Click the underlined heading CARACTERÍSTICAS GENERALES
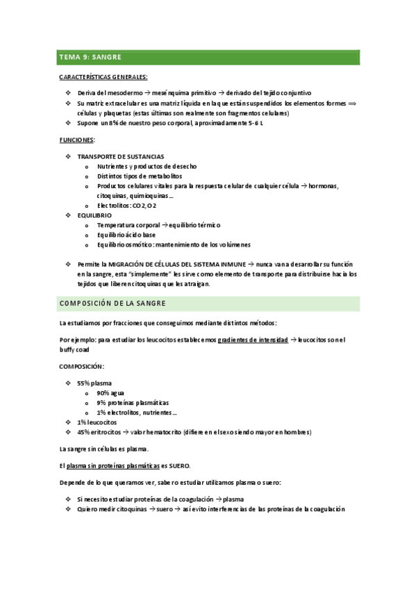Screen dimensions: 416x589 pyautogui.click(x=103, y=77)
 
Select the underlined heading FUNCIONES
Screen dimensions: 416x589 pyautogui.click(x=76, y=140)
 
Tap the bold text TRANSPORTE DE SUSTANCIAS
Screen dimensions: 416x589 pyautogui.click(x=121, y=156)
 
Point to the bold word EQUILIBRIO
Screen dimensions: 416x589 pyautogui.click(x=94, y=215)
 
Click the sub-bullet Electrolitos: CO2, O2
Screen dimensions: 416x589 pyautogui.click(x=127, y=206)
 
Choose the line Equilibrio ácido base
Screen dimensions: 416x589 pyautogui.click(x=126, y=235)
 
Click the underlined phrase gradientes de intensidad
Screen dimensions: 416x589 pyautogui.click(x=253, y=339)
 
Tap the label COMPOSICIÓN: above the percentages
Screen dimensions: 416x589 pyautogui.click(x=83, y=365)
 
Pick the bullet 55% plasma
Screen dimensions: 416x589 pyautogui.click(x=94, y=383)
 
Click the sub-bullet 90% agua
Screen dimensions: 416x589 pyautogui.click(x=112, y=392)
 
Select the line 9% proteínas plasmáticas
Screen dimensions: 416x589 pyautogui.click(x=133, y=402)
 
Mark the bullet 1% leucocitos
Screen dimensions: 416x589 pyautogui.click(x=97, y=422)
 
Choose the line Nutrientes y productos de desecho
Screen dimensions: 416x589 pyautogui.click(x=147, y=166)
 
